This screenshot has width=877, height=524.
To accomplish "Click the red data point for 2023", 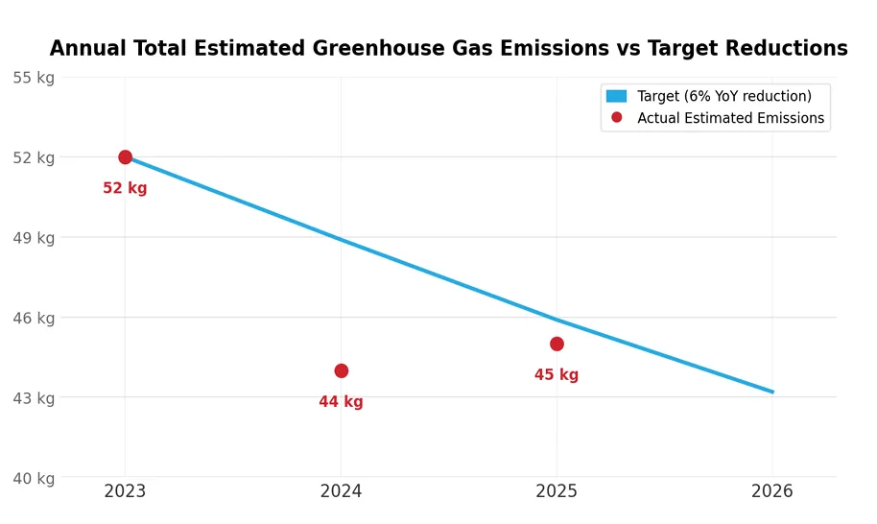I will click(125, 157).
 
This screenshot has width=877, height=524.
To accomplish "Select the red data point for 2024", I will click(341, 370).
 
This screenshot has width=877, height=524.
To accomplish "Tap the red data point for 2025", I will click(557, 344).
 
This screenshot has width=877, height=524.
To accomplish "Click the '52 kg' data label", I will click(125, 189).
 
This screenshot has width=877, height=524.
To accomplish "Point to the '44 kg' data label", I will click(341, 402).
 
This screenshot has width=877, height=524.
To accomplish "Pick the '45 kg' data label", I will click(557, 375).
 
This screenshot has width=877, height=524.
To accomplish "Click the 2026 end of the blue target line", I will click(771, 392).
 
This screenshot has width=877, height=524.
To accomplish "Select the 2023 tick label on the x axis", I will click(125, 491).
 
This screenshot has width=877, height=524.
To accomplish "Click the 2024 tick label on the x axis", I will click(341, 491).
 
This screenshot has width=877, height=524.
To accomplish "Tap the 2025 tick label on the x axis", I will click(557, 491).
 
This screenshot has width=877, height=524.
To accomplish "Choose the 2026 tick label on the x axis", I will click(772, 491).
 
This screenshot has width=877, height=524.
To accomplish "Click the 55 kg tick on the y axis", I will click(34, 78).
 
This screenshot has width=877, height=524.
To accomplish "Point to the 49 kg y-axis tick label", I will click(34, 238).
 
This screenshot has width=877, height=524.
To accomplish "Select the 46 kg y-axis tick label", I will click(34, 318).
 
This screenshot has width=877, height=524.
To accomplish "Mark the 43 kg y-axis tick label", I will click(34, 398).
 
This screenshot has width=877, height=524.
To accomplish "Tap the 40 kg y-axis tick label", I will click(34, 478).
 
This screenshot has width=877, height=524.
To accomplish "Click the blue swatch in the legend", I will click(616, 96).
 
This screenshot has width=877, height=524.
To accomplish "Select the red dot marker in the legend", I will click(616, 118).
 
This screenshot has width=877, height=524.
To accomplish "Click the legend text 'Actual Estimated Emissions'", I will click(730, 118).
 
